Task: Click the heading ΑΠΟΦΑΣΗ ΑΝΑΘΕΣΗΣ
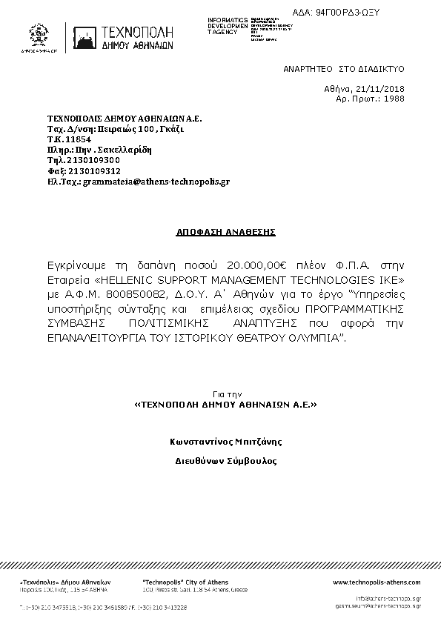pyautogui.click(x=225, y=232)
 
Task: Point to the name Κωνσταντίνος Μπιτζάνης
pyautogui.click(x=225, y=442)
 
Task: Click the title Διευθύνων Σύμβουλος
pyautogui.click(x=225, y=460)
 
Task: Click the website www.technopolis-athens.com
pyautogui.click(x=377, y=582)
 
